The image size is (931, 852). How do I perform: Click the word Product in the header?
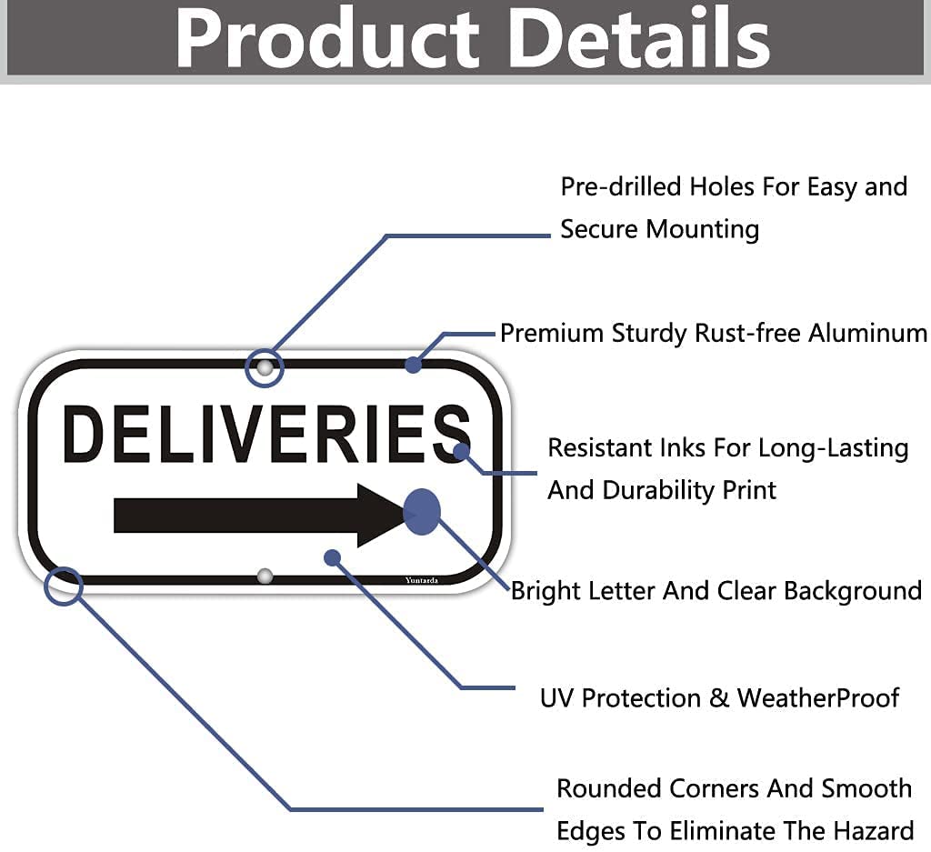pyautogui.click(x=327, y=38)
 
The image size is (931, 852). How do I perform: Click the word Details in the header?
pyautogui.click(x=639, y=37)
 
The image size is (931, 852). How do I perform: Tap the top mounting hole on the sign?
pyautogui.click(x=265, y=368)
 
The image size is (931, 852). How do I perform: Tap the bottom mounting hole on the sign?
pyautogui.click(x=265, y=576)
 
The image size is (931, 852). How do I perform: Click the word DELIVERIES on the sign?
pyautogui.click(x=266, y=434)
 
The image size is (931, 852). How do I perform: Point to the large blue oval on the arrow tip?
pyautogui.click(x=422, y=512)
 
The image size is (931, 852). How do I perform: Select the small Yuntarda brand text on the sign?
pyautogui.click(x=422, y=580)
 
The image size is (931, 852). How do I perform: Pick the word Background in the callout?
pyautogui.click(x=853, y=591)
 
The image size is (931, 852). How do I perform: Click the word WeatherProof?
pyautogui.click(x=818, y=698)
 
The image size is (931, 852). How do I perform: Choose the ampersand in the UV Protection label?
pyautogui.click(x=719, y=698)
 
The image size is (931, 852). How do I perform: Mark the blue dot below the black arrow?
pyautogui.click(x=333, y=557)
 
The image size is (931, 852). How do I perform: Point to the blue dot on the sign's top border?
pyautogui.click(x=414, y=365)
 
